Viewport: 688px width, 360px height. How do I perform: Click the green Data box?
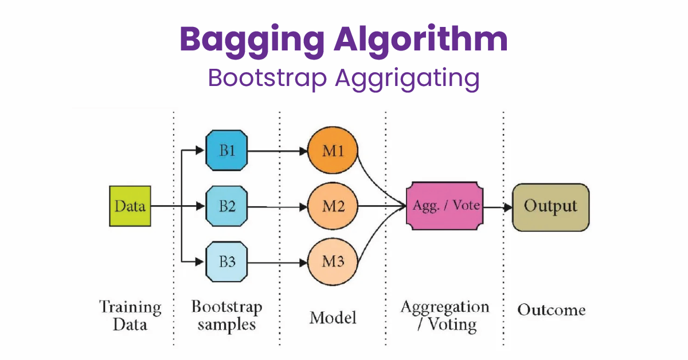[x=130, y=206]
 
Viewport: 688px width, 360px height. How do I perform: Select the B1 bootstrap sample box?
[x=226, y=151]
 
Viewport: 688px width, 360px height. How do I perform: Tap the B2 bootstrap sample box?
[x=226, y=206]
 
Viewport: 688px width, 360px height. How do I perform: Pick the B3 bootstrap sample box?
[x=226, y=262]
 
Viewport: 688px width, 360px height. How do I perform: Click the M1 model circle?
[x=333, y=151]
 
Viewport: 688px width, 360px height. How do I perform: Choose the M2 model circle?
[x=333, y=206]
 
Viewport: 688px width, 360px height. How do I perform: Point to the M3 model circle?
[x=333, y=262]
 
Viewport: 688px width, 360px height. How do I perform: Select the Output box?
[x=550, y=207]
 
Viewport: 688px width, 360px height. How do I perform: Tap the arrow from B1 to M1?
[x=278, y=152]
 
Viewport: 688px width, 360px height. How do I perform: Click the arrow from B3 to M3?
[x=278, y=263]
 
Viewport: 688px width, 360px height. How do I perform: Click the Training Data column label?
[x=130, y=315]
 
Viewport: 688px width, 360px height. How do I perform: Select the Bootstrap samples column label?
[x=226, y=315]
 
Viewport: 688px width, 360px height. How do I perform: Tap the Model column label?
[x=333, y=317]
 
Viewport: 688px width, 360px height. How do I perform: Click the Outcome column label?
[x=551, y=310]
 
